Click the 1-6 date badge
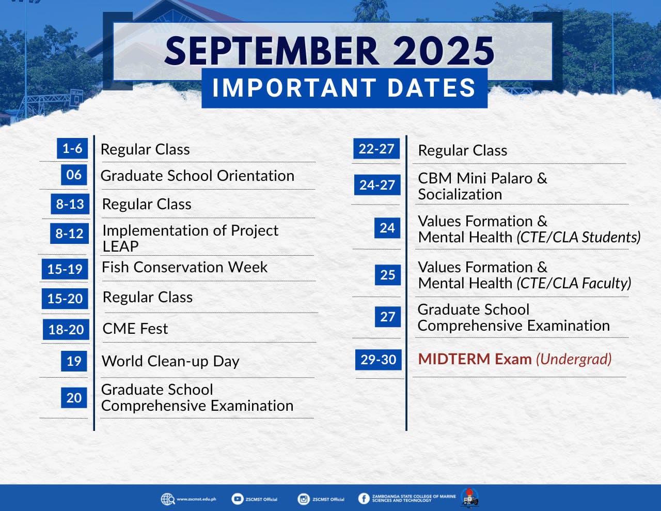click(x=72, y=148)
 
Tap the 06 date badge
click(x=74, y=175)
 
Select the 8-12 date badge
click(x=69, y=234)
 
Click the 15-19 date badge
click(x=65, y=269)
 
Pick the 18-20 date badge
click(x=66, y=329)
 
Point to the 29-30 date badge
click(x=379, y=360)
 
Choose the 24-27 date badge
click(x=377, y=185)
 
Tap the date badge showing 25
click(x=387, y=275)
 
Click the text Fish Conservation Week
click(x=184, y=267)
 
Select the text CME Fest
click(x=135, y=329)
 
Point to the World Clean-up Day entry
click(x=170, y=361)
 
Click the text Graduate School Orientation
click(x=197, y=176)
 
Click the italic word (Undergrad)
click(x=574, y=360)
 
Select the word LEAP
click(x=120, y=246)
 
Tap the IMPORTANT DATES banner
click(x=344, y=88)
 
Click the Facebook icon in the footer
click(x=364, y=499)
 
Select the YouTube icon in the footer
click(x=237, y=499)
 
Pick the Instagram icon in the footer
click(x=303, y=499)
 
